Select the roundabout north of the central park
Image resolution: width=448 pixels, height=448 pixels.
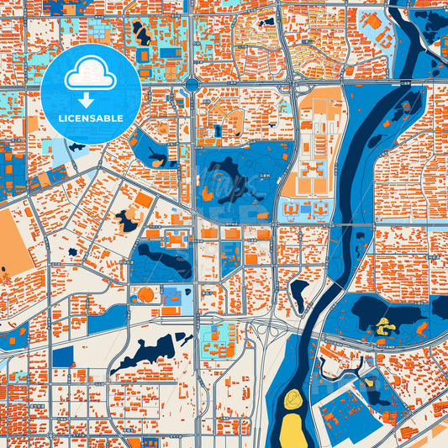coord(192,84)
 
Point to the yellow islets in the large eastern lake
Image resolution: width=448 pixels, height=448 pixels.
coord(385,325)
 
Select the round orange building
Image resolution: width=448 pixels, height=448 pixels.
coord(146,295)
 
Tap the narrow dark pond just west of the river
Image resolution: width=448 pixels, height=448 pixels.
coord(298,293)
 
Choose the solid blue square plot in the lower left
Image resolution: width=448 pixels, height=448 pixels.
coord(63,356)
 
